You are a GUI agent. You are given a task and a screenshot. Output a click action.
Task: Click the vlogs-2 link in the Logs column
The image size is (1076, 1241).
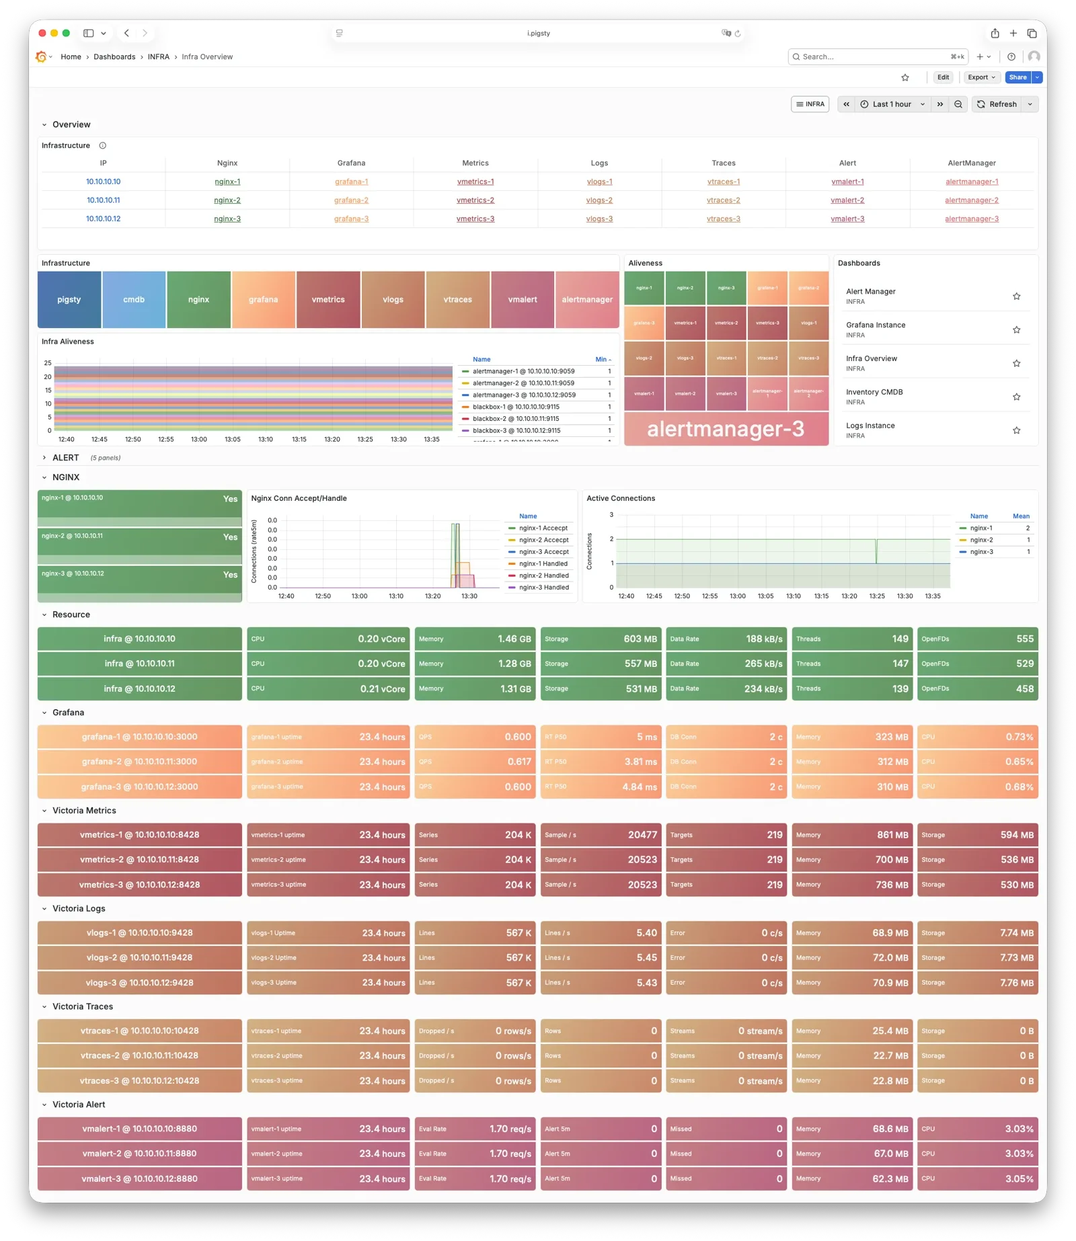[599, 200]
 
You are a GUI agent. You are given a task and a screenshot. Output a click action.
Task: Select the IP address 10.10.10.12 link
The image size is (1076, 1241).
[103, 219]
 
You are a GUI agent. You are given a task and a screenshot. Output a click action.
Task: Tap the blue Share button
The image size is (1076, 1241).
[1017, 77]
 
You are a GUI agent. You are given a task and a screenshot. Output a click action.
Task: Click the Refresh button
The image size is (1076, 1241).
[997, 104]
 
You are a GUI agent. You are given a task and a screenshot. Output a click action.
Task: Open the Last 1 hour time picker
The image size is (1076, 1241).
[892, 104]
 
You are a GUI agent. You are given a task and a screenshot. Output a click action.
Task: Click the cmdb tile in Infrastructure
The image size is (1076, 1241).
[134, 300]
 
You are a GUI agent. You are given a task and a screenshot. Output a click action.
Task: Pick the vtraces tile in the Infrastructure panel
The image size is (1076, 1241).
[457, 300]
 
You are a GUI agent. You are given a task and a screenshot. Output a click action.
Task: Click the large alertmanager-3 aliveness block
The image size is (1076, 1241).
[726, 429]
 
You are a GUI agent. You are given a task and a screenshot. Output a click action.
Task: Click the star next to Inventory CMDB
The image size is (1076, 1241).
[1016, 397]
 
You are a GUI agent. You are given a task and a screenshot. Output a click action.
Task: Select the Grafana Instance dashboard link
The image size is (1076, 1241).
[876, 325]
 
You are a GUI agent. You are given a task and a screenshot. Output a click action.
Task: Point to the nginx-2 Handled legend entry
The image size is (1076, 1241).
[543, 576]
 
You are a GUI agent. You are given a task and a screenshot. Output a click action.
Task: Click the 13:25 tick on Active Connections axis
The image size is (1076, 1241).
[877, 596]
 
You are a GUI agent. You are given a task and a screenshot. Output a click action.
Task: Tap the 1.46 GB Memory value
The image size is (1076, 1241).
[514, 639]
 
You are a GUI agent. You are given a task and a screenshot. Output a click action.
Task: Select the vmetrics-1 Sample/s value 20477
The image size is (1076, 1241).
[642, 835]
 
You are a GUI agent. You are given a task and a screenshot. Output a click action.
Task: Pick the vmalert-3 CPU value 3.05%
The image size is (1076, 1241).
[1019, 1179]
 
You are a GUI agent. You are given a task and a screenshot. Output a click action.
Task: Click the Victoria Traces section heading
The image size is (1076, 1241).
[83, 1007]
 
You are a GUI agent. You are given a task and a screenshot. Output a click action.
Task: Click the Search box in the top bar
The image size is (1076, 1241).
[874, 57]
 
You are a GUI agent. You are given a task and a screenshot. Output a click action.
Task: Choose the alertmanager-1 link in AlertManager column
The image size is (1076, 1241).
[971, 182]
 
